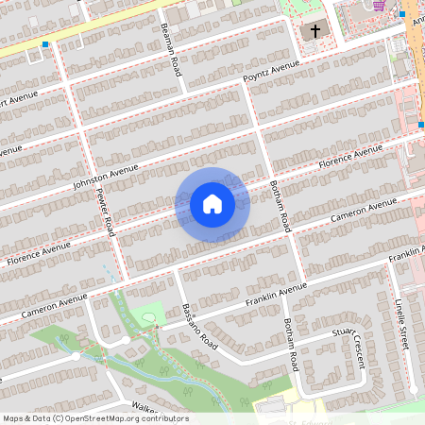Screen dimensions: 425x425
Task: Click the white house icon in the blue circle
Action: point(212,204)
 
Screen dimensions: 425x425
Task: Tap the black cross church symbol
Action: point(314,31)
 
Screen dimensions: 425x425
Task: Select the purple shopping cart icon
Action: point(379,6)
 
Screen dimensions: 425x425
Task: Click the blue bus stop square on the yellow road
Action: point(44,44)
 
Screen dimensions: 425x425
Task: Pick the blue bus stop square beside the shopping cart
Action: point(401,13)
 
